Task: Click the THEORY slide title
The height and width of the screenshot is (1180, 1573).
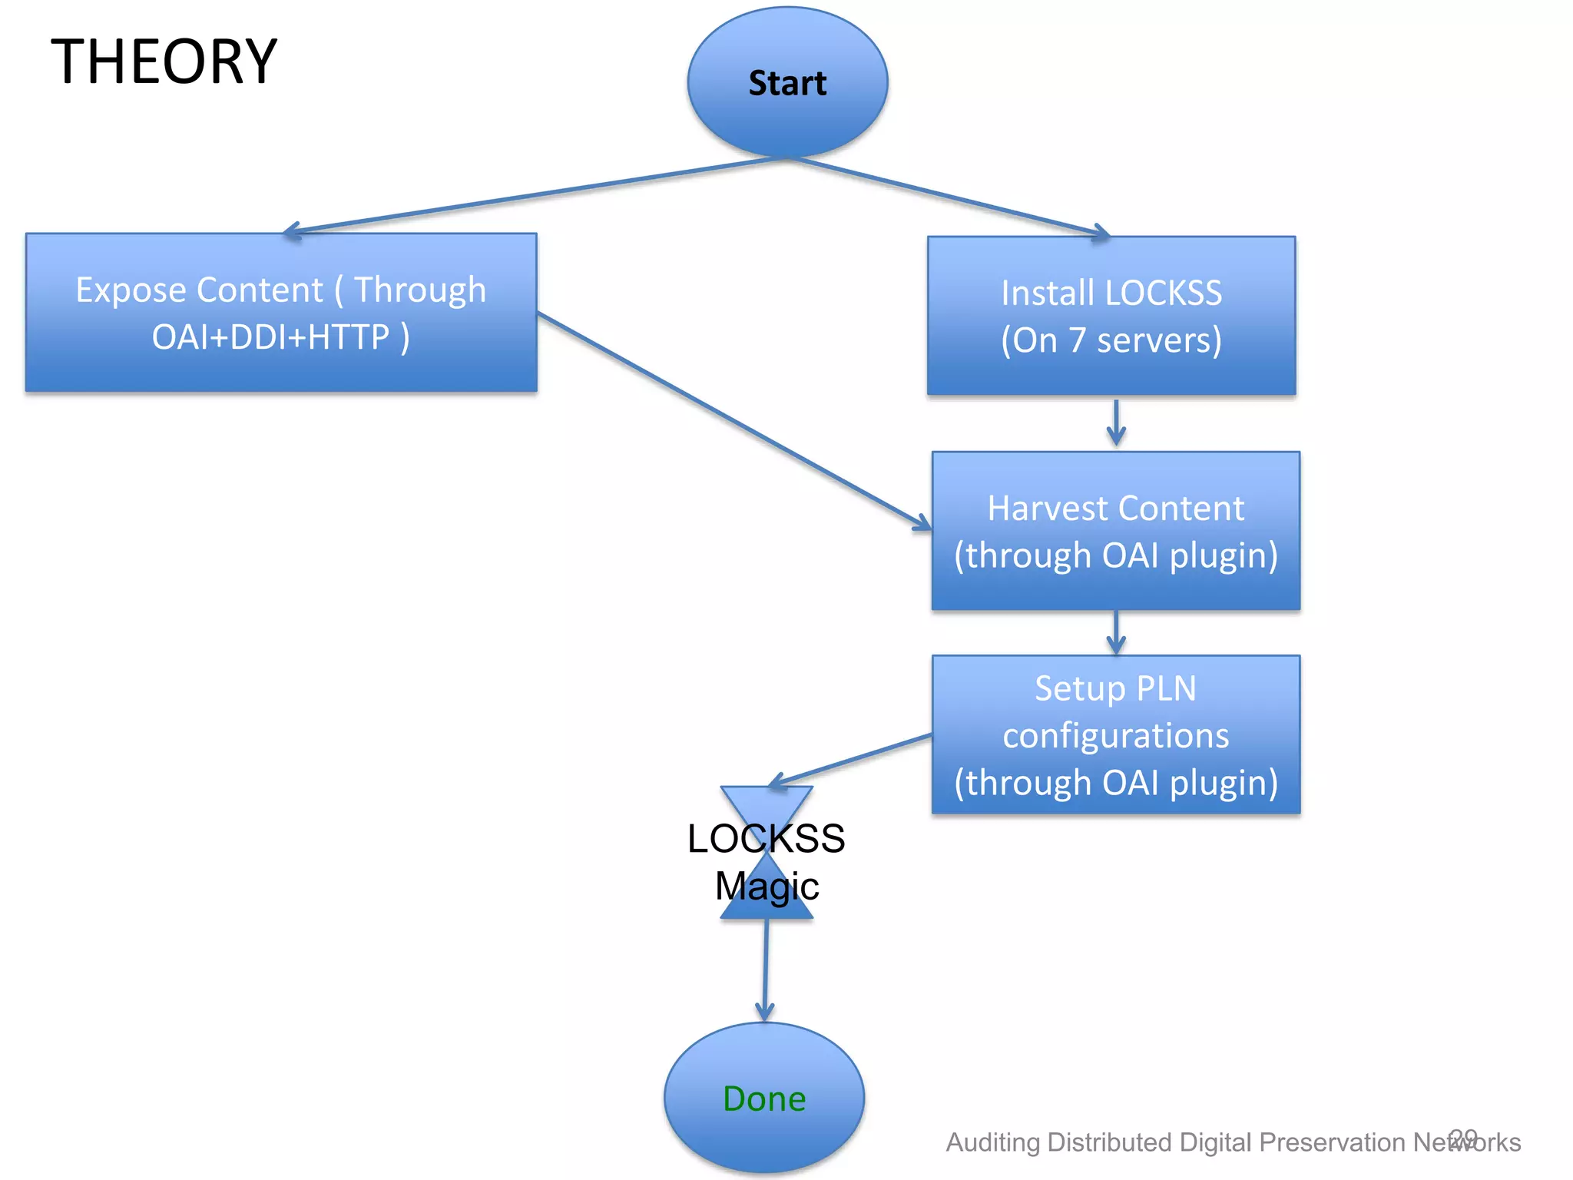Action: [164, 61]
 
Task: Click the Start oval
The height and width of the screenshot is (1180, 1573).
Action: [787, 83]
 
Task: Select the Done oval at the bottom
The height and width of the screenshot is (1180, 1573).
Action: [764, 1099]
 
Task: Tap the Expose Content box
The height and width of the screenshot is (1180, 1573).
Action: [281, 313]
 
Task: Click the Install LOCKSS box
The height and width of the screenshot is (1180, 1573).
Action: [1111, 316]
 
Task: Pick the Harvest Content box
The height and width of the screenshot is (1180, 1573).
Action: [1115, 531]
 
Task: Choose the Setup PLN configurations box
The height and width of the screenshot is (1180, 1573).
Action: [1115, 734]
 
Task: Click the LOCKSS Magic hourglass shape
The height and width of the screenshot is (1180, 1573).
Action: [767, 814]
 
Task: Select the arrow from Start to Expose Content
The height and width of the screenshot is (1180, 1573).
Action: [538, 194]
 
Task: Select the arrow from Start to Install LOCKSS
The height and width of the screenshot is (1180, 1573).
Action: [945, 196]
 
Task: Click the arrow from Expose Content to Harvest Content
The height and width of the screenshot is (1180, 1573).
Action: [734, 421]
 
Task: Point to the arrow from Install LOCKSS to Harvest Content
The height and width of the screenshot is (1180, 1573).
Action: [1116, 423]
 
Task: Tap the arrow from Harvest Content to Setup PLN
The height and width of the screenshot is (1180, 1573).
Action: [1116, 632]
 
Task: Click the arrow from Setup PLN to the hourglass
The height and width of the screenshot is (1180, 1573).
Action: [853, 759]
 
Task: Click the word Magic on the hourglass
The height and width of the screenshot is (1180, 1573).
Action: [767, 886]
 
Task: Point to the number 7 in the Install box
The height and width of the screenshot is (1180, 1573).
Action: [1077, 340]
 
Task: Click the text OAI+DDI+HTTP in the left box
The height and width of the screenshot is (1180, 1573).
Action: [270, 336]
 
